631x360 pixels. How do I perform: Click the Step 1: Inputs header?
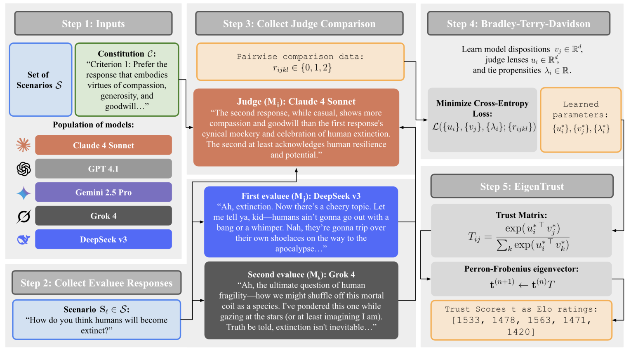coord(93,24)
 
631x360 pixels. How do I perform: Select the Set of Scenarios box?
coord(40,80)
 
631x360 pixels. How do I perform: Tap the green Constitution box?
coord(127,80)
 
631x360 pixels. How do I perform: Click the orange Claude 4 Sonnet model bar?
coord(103,145)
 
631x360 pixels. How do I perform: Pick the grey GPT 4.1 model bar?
coord(103,169)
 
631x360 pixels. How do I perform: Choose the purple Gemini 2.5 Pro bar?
coord(103,192)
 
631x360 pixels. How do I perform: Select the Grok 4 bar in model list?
coord(103,216)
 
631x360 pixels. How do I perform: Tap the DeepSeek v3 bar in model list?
coord(103,239)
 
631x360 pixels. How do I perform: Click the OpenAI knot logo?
coord(24,169)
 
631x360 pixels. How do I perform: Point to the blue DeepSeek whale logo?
coord(24,239)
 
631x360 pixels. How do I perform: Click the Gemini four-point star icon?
coord(24,193)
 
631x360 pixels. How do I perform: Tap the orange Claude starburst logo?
coord(24,145)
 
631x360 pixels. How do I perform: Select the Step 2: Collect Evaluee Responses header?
coord(97,283)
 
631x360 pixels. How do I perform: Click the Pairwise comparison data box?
coord(300,62)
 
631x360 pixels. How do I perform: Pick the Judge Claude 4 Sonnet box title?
coord(296,101)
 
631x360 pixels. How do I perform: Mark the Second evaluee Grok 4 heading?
coord(301,275)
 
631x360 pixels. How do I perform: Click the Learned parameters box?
coord(580,120)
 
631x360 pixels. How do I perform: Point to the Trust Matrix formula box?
coord(521,231)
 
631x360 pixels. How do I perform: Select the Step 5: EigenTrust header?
coord(522,186)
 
